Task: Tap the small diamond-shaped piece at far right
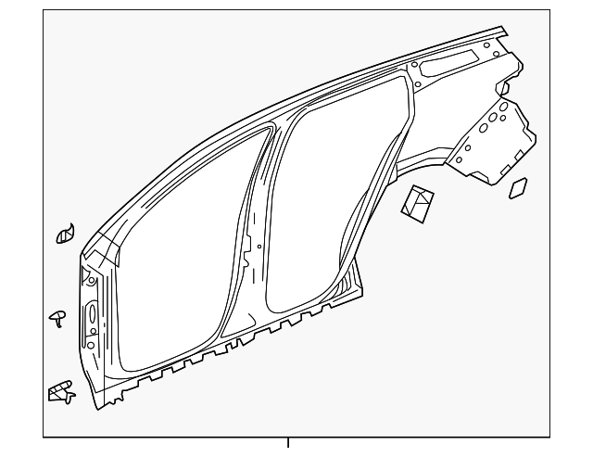[x=519, y=188]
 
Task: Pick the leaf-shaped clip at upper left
[x=65, y=235]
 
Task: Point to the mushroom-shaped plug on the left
[x=57, y=318]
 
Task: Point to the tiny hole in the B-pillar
[x=259, y=247]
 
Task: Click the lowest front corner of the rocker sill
[x=95, y=406]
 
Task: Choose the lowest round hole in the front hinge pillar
[x=93, y=348]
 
